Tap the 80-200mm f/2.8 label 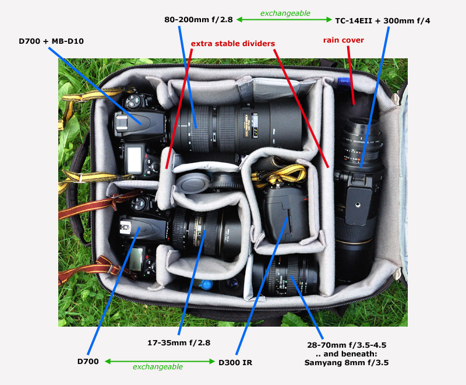coord(199,20)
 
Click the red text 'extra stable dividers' coord(232,43)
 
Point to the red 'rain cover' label coord(344,40)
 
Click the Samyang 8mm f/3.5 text coord(347,362)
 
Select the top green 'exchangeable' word coord(285,12)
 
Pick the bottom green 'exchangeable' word coord(157,367)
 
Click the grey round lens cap coord(190,185)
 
